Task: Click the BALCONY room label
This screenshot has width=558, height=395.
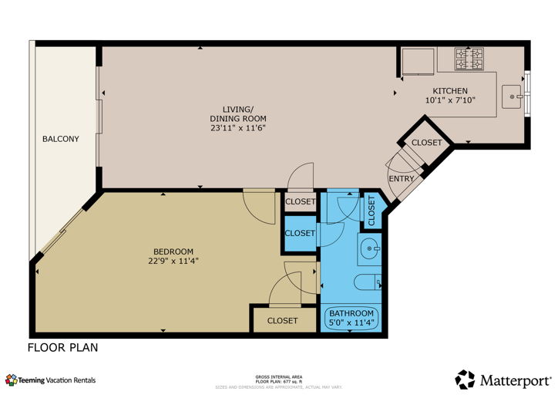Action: tap(60, 139)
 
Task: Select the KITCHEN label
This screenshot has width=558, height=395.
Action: tap(451, 91)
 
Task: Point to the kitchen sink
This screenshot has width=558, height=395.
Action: tap(514, 97)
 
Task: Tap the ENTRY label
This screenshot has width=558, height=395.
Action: tap(401, 178)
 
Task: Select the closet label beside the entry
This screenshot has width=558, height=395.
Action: tap(426, 143)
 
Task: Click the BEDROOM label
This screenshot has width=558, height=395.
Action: tap(173, 252)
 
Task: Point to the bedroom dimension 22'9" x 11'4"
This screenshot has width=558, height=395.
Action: tap(173, 262)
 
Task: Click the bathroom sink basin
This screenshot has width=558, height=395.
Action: tap(371, 248)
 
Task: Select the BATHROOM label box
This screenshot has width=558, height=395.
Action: tap(352, 318)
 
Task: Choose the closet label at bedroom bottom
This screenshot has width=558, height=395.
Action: tap(282, 320)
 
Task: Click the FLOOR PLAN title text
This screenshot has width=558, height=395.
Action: tap(63, 348)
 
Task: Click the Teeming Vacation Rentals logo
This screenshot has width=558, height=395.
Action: tap(51, 380)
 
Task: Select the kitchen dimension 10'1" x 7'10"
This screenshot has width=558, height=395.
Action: tap(451, 100)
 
